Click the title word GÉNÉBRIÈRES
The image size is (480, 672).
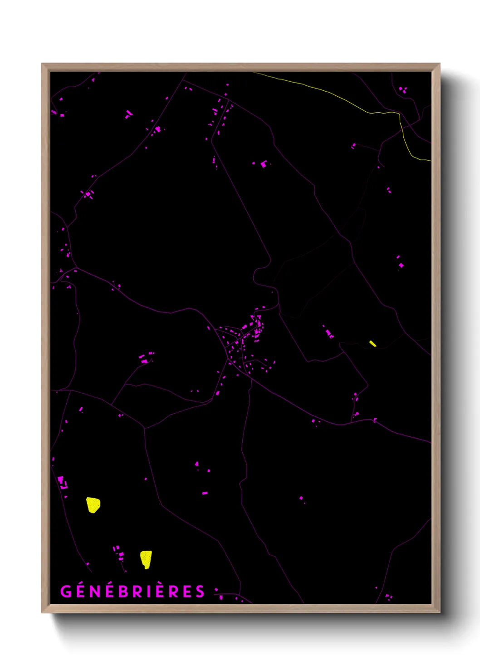132,592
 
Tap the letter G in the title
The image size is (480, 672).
66,592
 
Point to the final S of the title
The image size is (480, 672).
200,592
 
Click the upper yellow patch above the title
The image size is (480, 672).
93,505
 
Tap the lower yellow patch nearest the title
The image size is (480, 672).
146,559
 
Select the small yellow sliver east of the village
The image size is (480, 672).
372,344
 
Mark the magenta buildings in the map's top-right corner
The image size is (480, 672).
403,90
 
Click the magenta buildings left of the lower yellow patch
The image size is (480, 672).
119,553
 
